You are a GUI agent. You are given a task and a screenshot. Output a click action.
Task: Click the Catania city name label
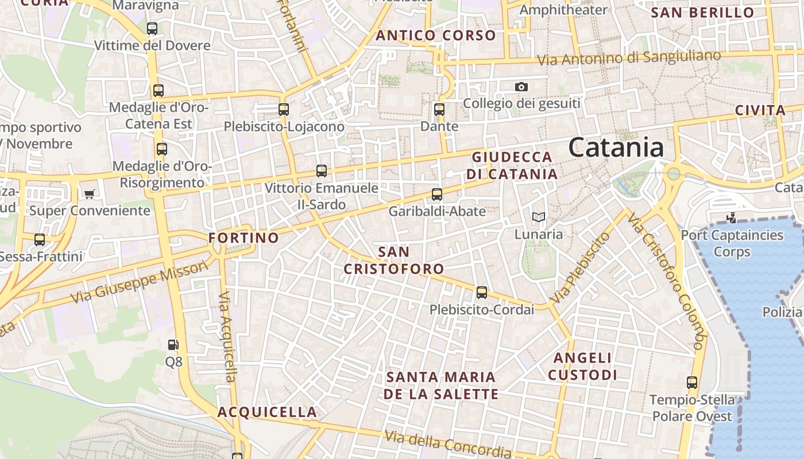click(616, 147)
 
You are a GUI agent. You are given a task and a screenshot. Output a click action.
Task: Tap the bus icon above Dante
click(439, 109)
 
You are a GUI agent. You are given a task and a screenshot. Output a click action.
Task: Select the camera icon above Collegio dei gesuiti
click(521, 87)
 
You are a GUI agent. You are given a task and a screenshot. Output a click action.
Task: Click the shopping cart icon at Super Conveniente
click(89, 194)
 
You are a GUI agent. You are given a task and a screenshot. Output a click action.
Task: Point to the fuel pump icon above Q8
click(173, 344)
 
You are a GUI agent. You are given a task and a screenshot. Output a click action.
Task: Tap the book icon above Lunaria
click(538, 217)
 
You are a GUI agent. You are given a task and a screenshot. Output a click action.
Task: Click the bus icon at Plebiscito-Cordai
click(481, 293)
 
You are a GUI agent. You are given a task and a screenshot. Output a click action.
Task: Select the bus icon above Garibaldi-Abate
click(437, 194)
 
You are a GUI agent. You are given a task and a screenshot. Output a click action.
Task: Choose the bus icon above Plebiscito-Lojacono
click(283, 109)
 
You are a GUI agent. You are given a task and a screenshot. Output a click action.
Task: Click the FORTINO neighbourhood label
click(243, 238)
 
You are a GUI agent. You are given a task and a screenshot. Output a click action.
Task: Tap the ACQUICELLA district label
click(267, 412)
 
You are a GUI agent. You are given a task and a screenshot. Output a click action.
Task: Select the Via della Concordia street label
click(448, 444)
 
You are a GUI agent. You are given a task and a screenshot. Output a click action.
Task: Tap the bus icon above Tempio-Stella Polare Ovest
click(692, 382)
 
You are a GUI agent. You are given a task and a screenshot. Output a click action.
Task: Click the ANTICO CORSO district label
click(436, 36)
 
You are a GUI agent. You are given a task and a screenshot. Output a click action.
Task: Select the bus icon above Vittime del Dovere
click(152, 28)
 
